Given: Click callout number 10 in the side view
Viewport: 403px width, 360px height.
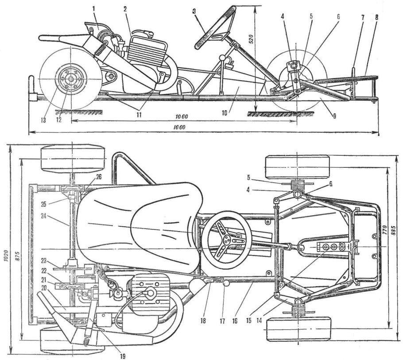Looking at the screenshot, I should [226, 113].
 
